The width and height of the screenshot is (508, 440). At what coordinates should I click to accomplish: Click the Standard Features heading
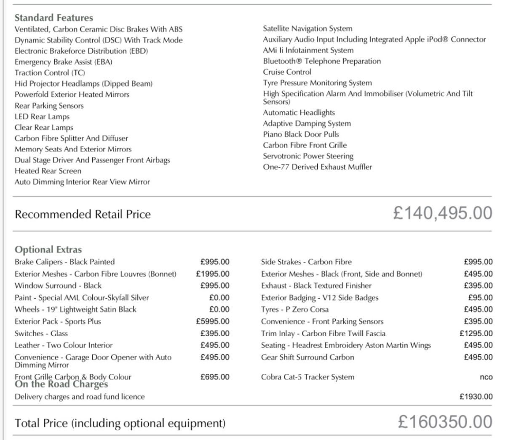[x=53, y=18]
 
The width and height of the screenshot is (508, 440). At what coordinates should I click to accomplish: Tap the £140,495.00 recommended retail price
[x=442, y=213]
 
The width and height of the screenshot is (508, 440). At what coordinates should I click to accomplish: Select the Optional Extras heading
[x=48, y=249]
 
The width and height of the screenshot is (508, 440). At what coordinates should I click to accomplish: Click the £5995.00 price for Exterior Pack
[x=213, y=321]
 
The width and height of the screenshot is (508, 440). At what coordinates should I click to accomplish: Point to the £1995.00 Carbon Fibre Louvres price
[x=213, y=274]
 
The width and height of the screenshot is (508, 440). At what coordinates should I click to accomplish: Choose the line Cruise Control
[x=287, y=72]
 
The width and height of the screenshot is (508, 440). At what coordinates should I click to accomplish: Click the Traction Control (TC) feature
[x=50, y=73]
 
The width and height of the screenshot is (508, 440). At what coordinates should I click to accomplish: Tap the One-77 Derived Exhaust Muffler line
[x=317, y=167]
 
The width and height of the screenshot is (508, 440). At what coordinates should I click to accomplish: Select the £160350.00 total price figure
[x=445, y=422]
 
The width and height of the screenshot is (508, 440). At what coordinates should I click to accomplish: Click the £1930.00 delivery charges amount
[x=476, y=397]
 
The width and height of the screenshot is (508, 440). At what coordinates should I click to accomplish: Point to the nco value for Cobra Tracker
[x=486, y=377]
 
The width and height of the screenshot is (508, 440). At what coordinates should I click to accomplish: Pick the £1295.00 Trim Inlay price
[x=476, y=334]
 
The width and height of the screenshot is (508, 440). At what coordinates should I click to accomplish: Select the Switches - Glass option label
[x=41, y=334]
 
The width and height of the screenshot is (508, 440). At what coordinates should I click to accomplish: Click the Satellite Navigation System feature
[x=307, y=29]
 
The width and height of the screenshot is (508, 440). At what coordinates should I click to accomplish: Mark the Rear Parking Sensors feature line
[x=49, y=106]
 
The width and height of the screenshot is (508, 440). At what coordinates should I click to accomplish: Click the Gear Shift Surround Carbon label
[x=307, y=358]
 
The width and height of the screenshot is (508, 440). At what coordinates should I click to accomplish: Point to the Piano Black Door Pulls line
[x=301, y=134]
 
